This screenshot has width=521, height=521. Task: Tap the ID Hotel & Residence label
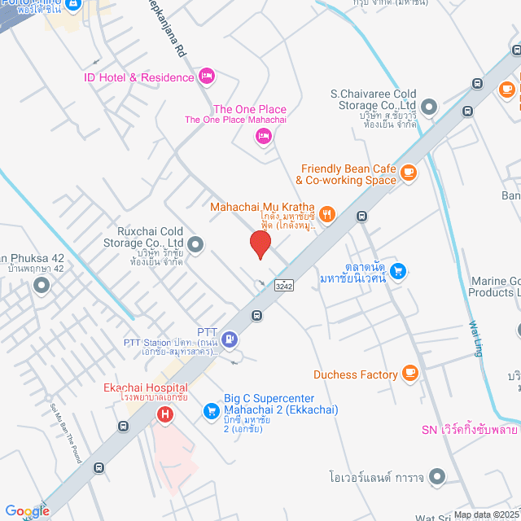point(139,77)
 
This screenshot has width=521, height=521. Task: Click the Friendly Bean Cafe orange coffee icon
point(408,172)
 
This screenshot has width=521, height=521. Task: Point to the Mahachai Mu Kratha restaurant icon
point(326,214)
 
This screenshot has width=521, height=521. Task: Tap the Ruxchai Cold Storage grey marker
point(195,243)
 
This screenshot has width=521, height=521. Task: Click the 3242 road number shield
point(284,286)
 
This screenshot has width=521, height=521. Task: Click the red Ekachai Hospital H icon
point(166,415)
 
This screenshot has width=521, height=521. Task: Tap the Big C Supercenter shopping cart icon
point(211,409)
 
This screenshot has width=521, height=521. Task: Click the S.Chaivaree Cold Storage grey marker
point(429,106)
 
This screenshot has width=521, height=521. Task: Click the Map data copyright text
point(486,514)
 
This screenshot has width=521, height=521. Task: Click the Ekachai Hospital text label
point(145,387)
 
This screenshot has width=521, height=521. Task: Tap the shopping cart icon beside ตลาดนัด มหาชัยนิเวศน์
point(398,269)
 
